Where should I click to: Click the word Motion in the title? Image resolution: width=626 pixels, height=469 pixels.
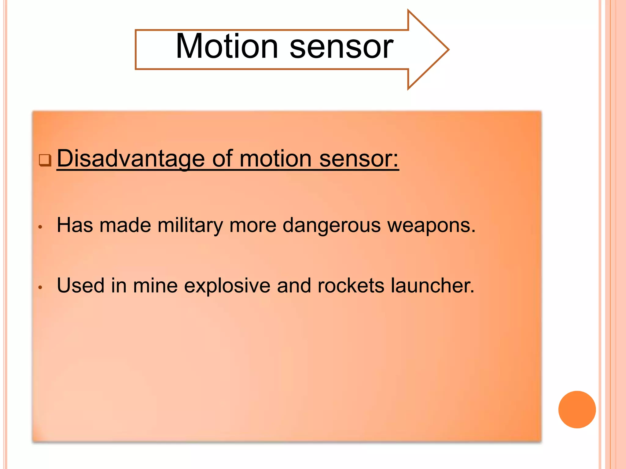coord(226,46)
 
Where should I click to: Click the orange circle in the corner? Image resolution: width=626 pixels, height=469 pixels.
coord(577,409)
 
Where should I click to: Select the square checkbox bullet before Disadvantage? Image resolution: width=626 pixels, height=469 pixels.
coord(45,160)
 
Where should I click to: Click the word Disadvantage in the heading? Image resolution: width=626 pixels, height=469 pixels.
coord(131,159)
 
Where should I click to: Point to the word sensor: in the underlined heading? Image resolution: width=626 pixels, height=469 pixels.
coord(359,159)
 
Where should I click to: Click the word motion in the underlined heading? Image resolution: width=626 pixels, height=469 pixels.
coord(275,159)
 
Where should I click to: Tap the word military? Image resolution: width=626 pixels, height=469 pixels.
coord(190,225)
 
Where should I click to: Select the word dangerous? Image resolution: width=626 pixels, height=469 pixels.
coord(332,225)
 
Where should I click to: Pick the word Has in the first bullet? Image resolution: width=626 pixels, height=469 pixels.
coord(75,225)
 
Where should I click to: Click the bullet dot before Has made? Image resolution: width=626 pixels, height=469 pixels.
coord(40,227)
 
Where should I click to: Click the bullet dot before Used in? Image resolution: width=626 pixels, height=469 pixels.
coord(40,287)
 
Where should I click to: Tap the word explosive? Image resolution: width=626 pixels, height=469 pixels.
coord(227,286)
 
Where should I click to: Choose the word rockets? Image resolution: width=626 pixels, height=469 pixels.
coord(351,286)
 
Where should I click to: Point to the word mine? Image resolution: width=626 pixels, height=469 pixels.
coord(155,286)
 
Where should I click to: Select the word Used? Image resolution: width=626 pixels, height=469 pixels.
coord(81,286)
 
